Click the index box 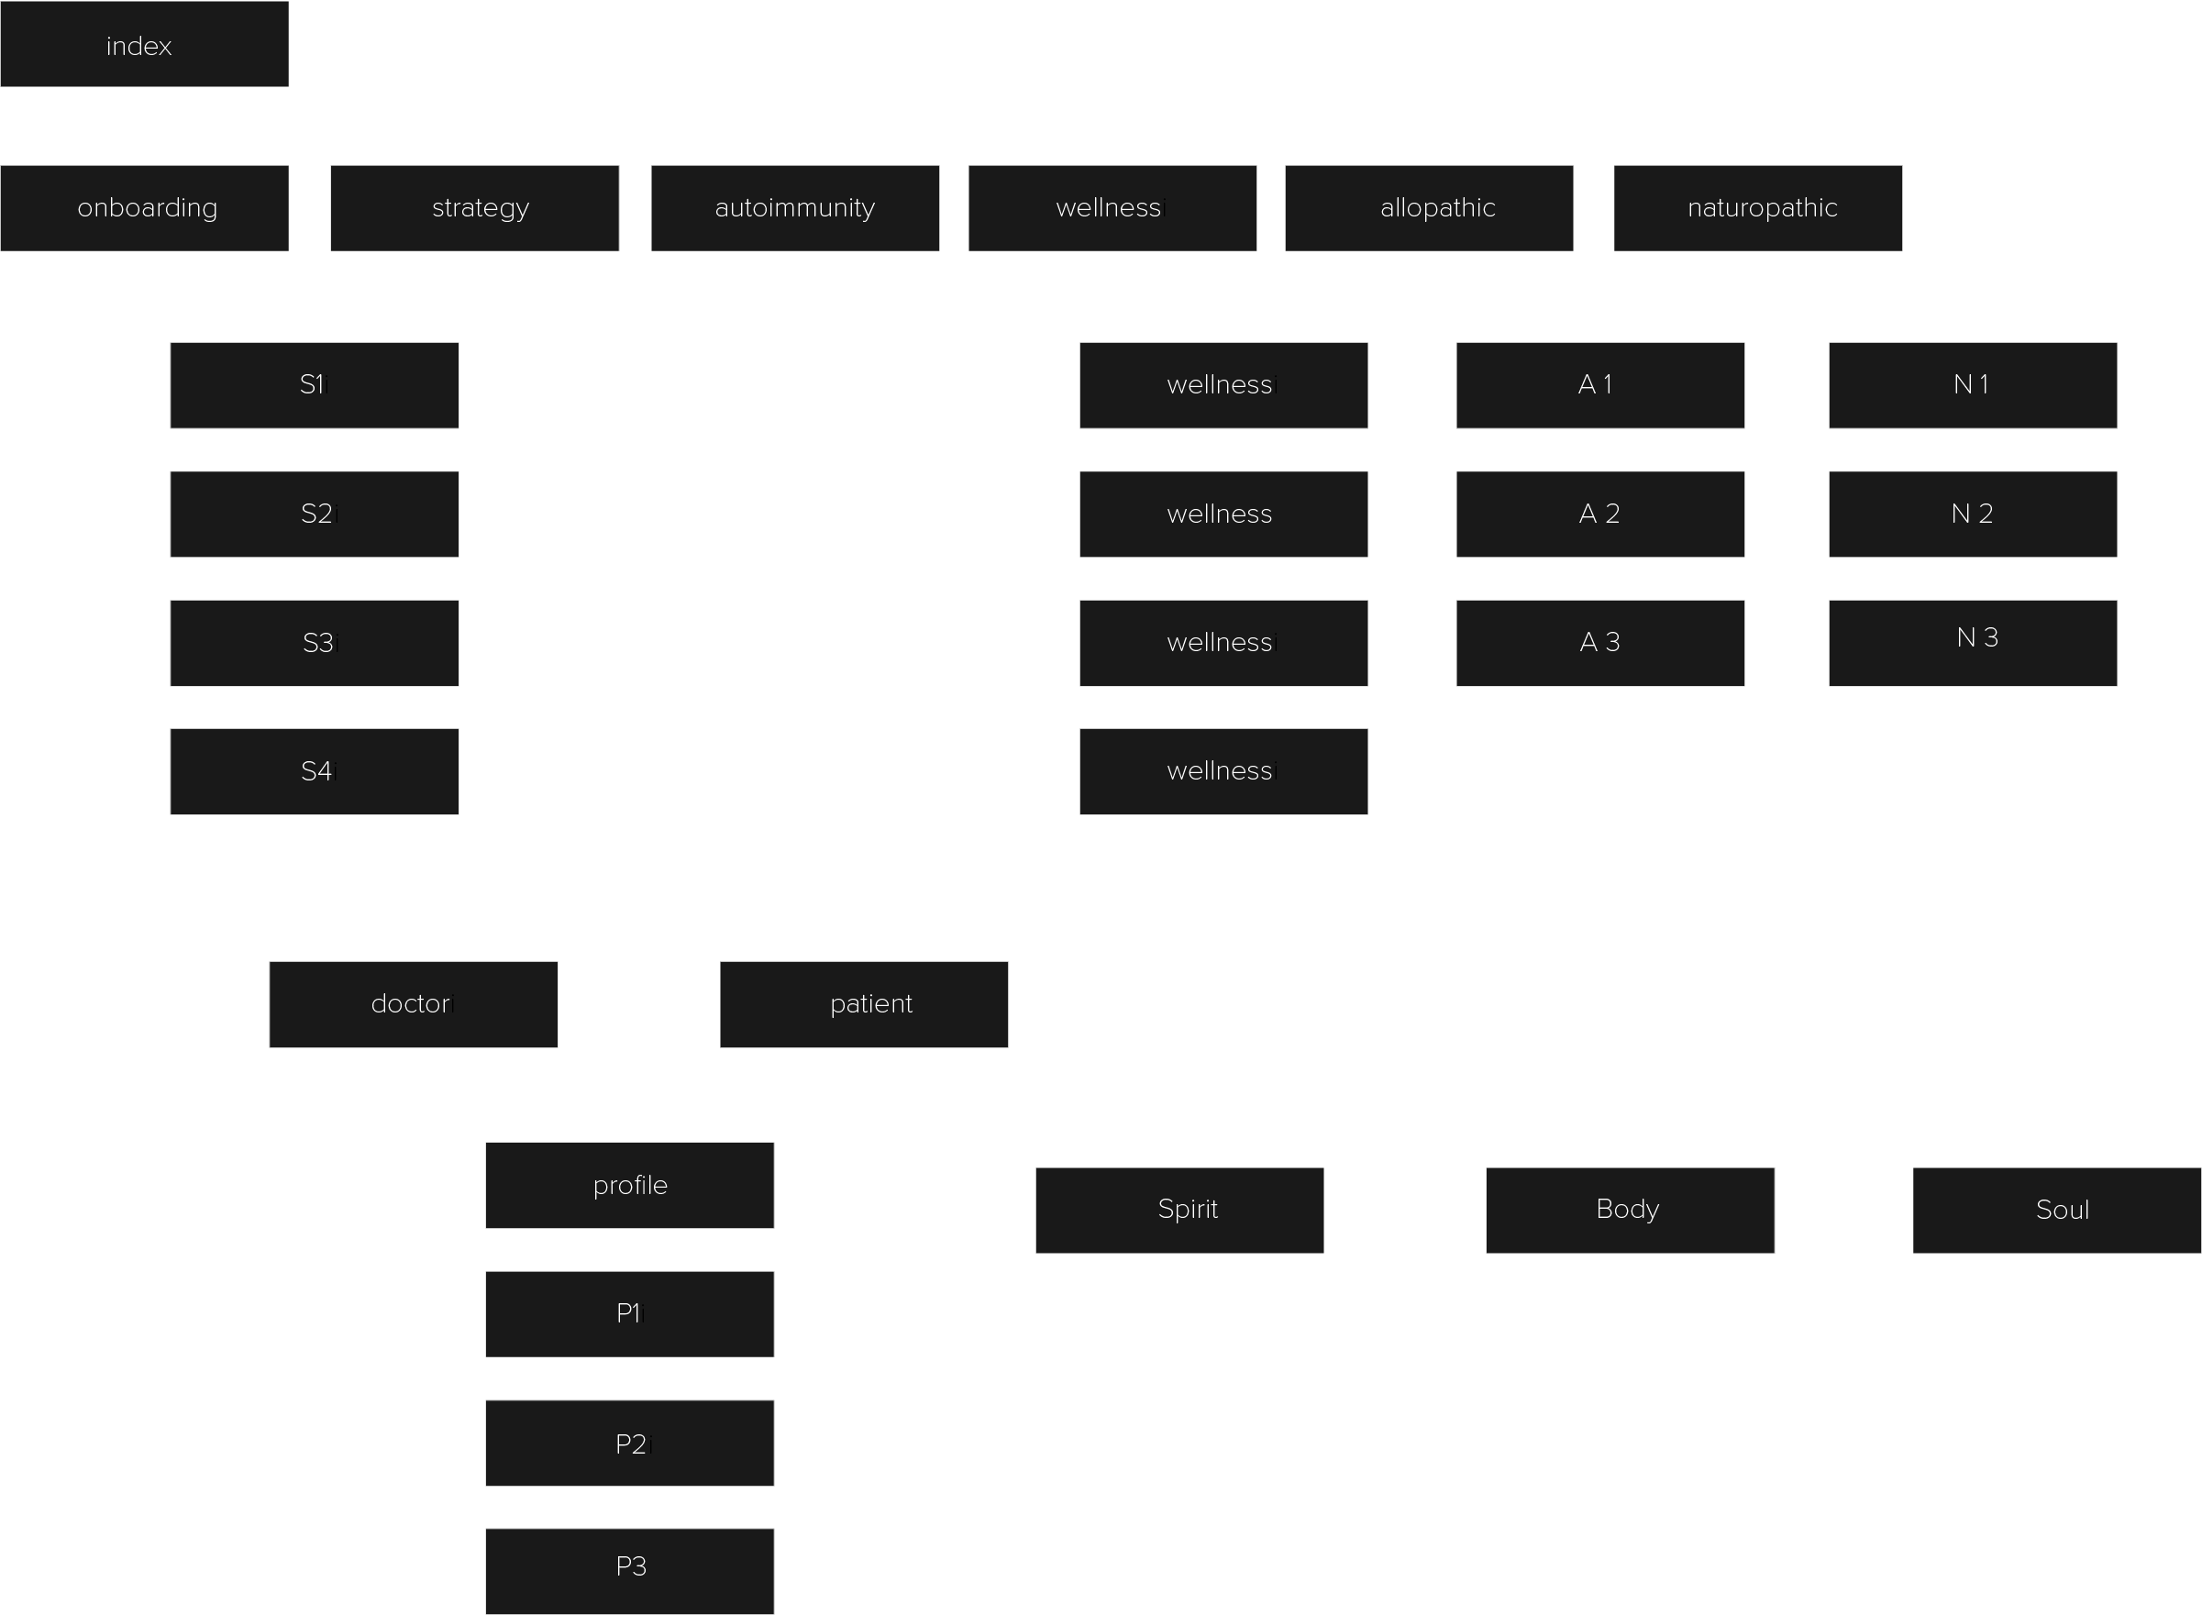coord(144,44)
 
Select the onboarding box coord(144,208)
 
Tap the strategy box coord(474,208)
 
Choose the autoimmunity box coord(794,208)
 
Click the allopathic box coord(1428,208)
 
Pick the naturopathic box coord(1757,208)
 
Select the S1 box coord(314,385)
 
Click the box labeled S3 coord(314,643)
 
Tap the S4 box coord(314,771)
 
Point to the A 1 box coord(1600,385)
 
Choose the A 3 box coord(1600,643)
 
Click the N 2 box coord(1973,514)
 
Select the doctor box coord(413,1004)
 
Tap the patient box coord(863,1004)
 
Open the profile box coord(629,1185)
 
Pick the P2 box coord(629,1443)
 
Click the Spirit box coord(1178,1211)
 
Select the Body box coord(1630,1211)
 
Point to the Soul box coord(2056,1211)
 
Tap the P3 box coord(629,1570)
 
